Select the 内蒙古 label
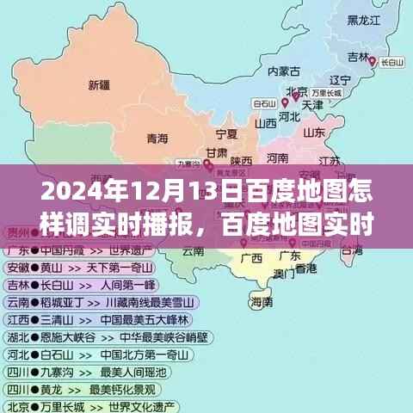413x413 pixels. click(284, 71)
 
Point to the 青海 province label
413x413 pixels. click(157, 137)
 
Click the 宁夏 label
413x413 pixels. click(226, 134)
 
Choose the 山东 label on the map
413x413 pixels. click(313, 133)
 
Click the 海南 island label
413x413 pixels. click(262, 302)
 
